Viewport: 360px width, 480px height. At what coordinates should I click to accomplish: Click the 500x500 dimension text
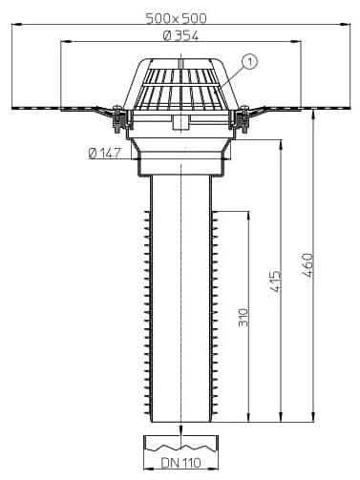click(x=180, y=17)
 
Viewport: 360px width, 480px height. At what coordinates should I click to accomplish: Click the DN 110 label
click(x=180, y=467)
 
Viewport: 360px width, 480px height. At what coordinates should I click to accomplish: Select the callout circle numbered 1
click(x=250, y=62)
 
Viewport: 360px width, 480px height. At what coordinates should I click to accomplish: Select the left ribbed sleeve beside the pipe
click(x=146, y=315)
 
